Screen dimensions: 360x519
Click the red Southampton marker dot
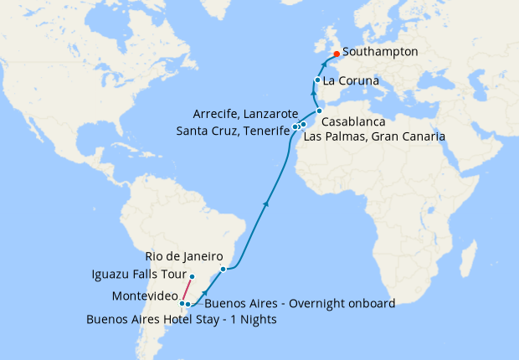[x=337, y=54]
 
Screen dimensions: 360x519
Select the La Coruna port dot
[x=317, y=80]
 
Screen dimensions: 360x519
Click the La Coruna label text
[x=352, y=81]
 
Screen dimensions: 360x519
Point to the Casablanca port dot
[x=319, y=111]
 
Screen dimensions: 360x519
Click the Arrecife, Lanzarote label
[x=244, y=113]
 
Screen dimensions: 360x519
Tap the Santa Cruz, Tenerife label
[x=232, y=130]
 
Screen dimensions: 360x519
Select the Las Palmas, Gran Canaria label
[x=373, y=136]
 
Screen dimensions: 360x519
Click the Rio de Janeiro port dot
[x=223, y=269]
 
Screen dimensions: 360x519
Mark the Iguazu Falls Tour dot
[x=192, y=276]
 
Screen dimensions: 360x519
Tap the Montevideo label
[x=144, y=296]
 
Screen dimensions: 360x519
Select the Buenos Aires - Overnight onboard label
[x=299, y=303]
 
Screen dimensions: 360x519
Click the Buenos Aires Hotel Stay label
[x=182, y=319]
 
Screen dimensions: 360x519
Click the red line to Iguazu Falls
[x=187, y=290]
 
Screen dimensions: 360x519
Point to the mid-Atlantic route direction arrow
[x=266, y=203]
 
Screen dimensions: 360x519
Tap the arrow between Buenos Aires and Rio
[x=205, y=292]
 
